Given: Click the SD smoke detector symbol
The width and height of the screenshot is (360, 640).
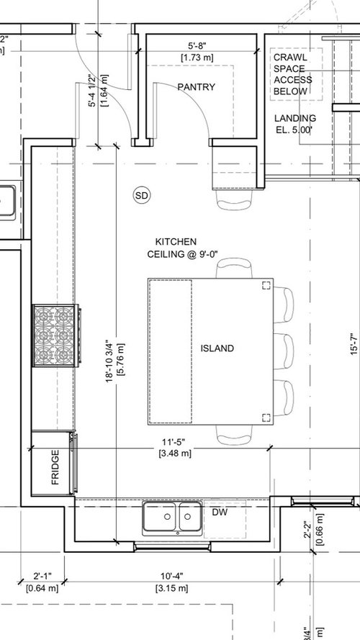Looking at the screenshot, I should [x=141, y=194].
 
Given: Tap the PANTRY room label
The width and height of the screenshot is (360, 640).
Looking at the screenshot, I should [x=196, y=87].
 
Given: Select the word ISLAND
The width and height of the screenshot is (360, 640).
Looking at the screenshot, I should [x=217, y=348].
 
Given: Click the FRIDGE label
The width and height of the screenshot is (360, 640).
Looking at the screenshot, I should [x=55, y=469].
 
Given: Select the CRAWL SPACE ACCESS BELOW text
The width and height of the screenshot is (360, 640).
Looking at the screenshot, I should [x=289, y=75].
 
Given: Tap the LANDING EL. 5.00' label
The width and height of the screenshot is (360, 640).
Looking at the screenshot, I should [x=294, y=125].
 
